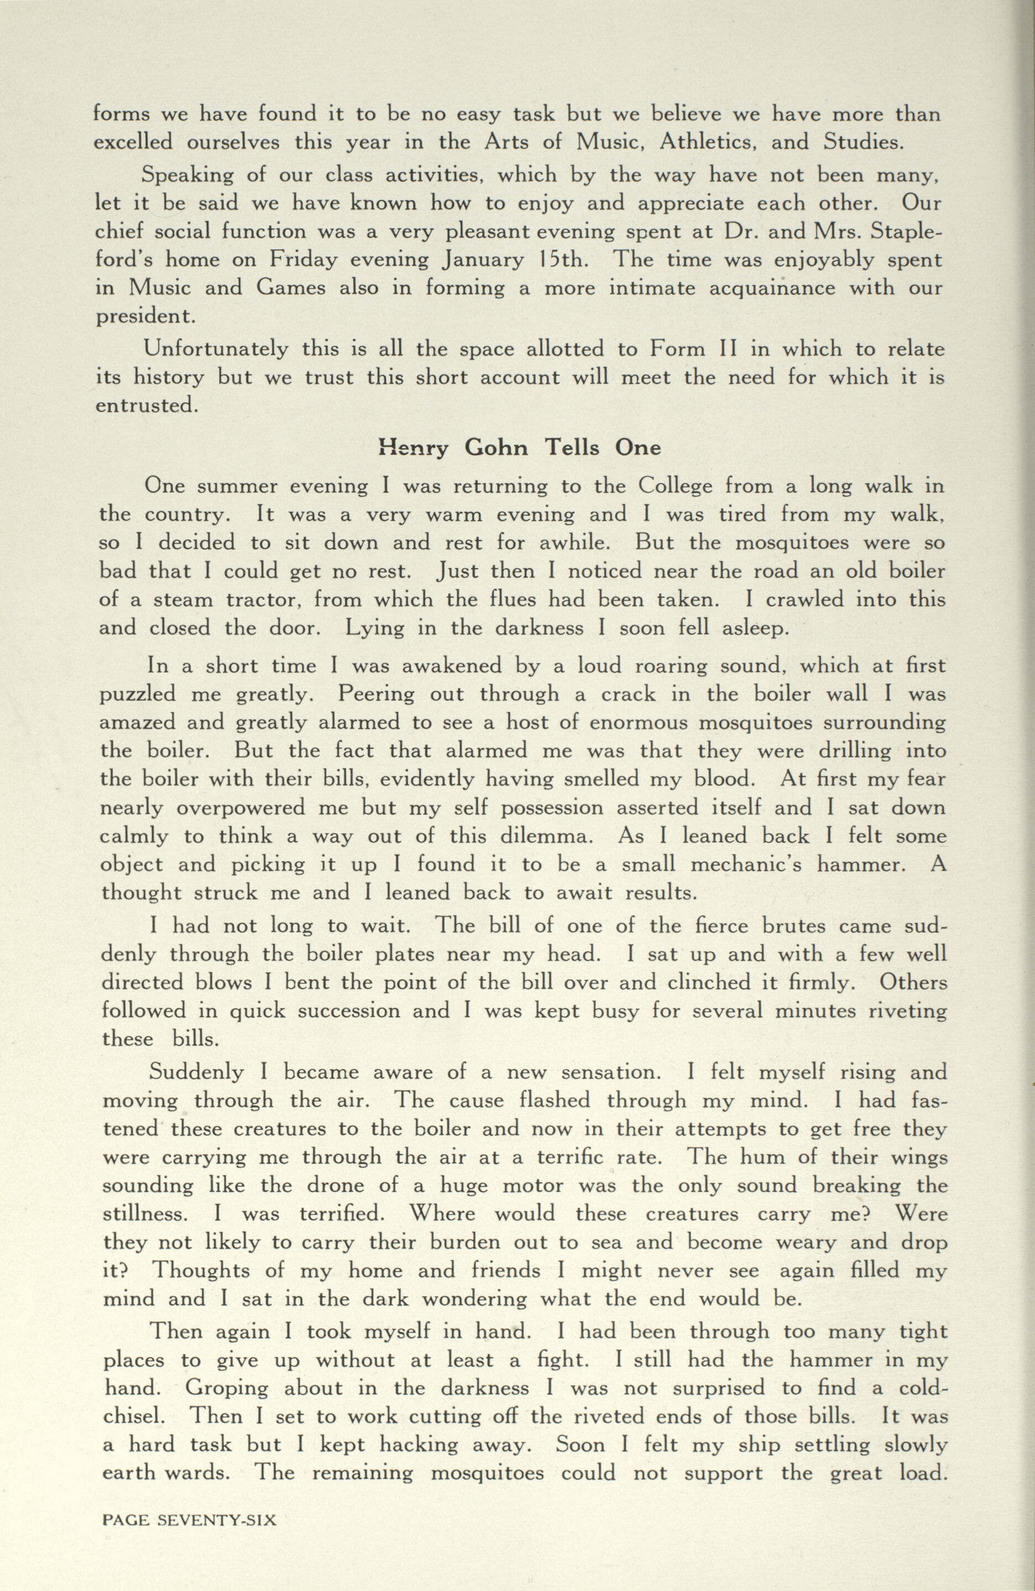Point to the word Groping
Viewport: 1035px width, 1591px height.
pyautogui.click(x=227, y=1388)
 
